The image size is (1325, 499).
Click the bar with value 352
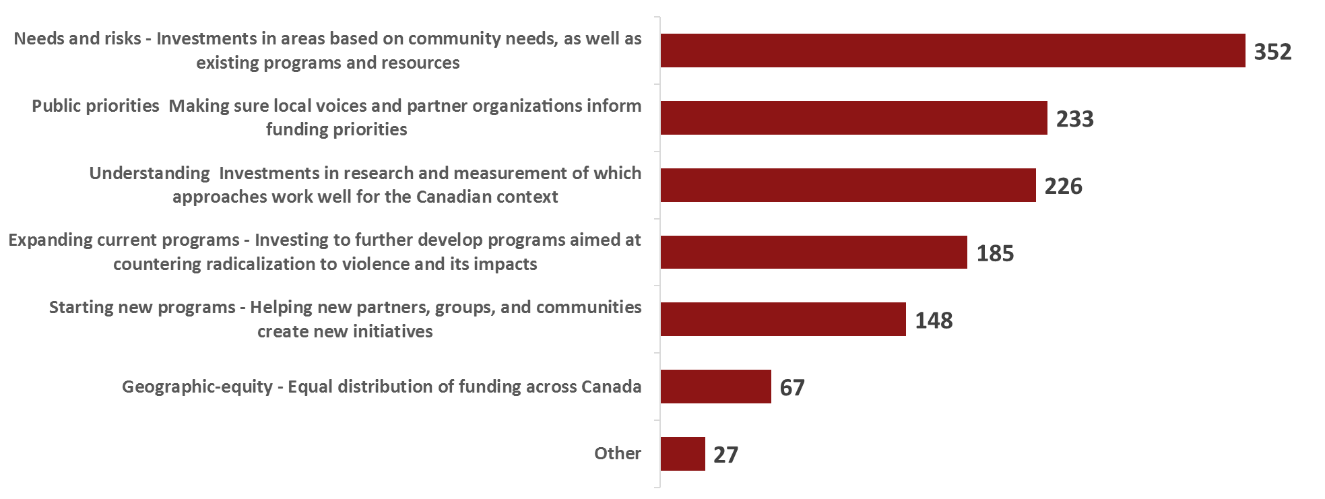click(952, 51)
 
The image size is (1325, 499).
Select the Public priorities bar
click(853, 118)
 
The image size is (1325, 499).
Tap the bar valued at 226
click(848, 185)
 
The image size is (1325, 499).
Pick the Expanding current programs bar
click(814, 253)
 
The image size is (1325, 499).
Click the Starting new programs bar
click(783, 319)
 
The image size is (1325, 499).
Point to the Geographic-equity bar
click(715, 387)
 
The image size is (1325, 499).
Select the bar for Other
click(682, 454)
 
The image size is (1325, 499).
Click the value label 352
click(1272, 52)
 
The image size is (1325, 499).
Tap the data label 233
click(1074, 119)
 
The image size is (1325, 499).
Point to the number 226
click(1063, 187)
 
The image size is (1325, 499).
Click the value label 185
click(995, 254)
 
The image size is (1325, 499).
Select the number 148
click(934, 321)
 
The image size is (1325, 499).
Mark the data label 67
click(792, 388)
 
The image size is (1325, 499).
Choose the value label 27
click(725, 455)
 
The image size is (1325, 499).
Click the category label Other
click(617, 453)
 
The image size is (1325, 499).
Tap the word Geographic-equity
click(197, 387)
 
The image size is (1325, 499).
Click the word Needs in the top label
click(37, 38)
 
